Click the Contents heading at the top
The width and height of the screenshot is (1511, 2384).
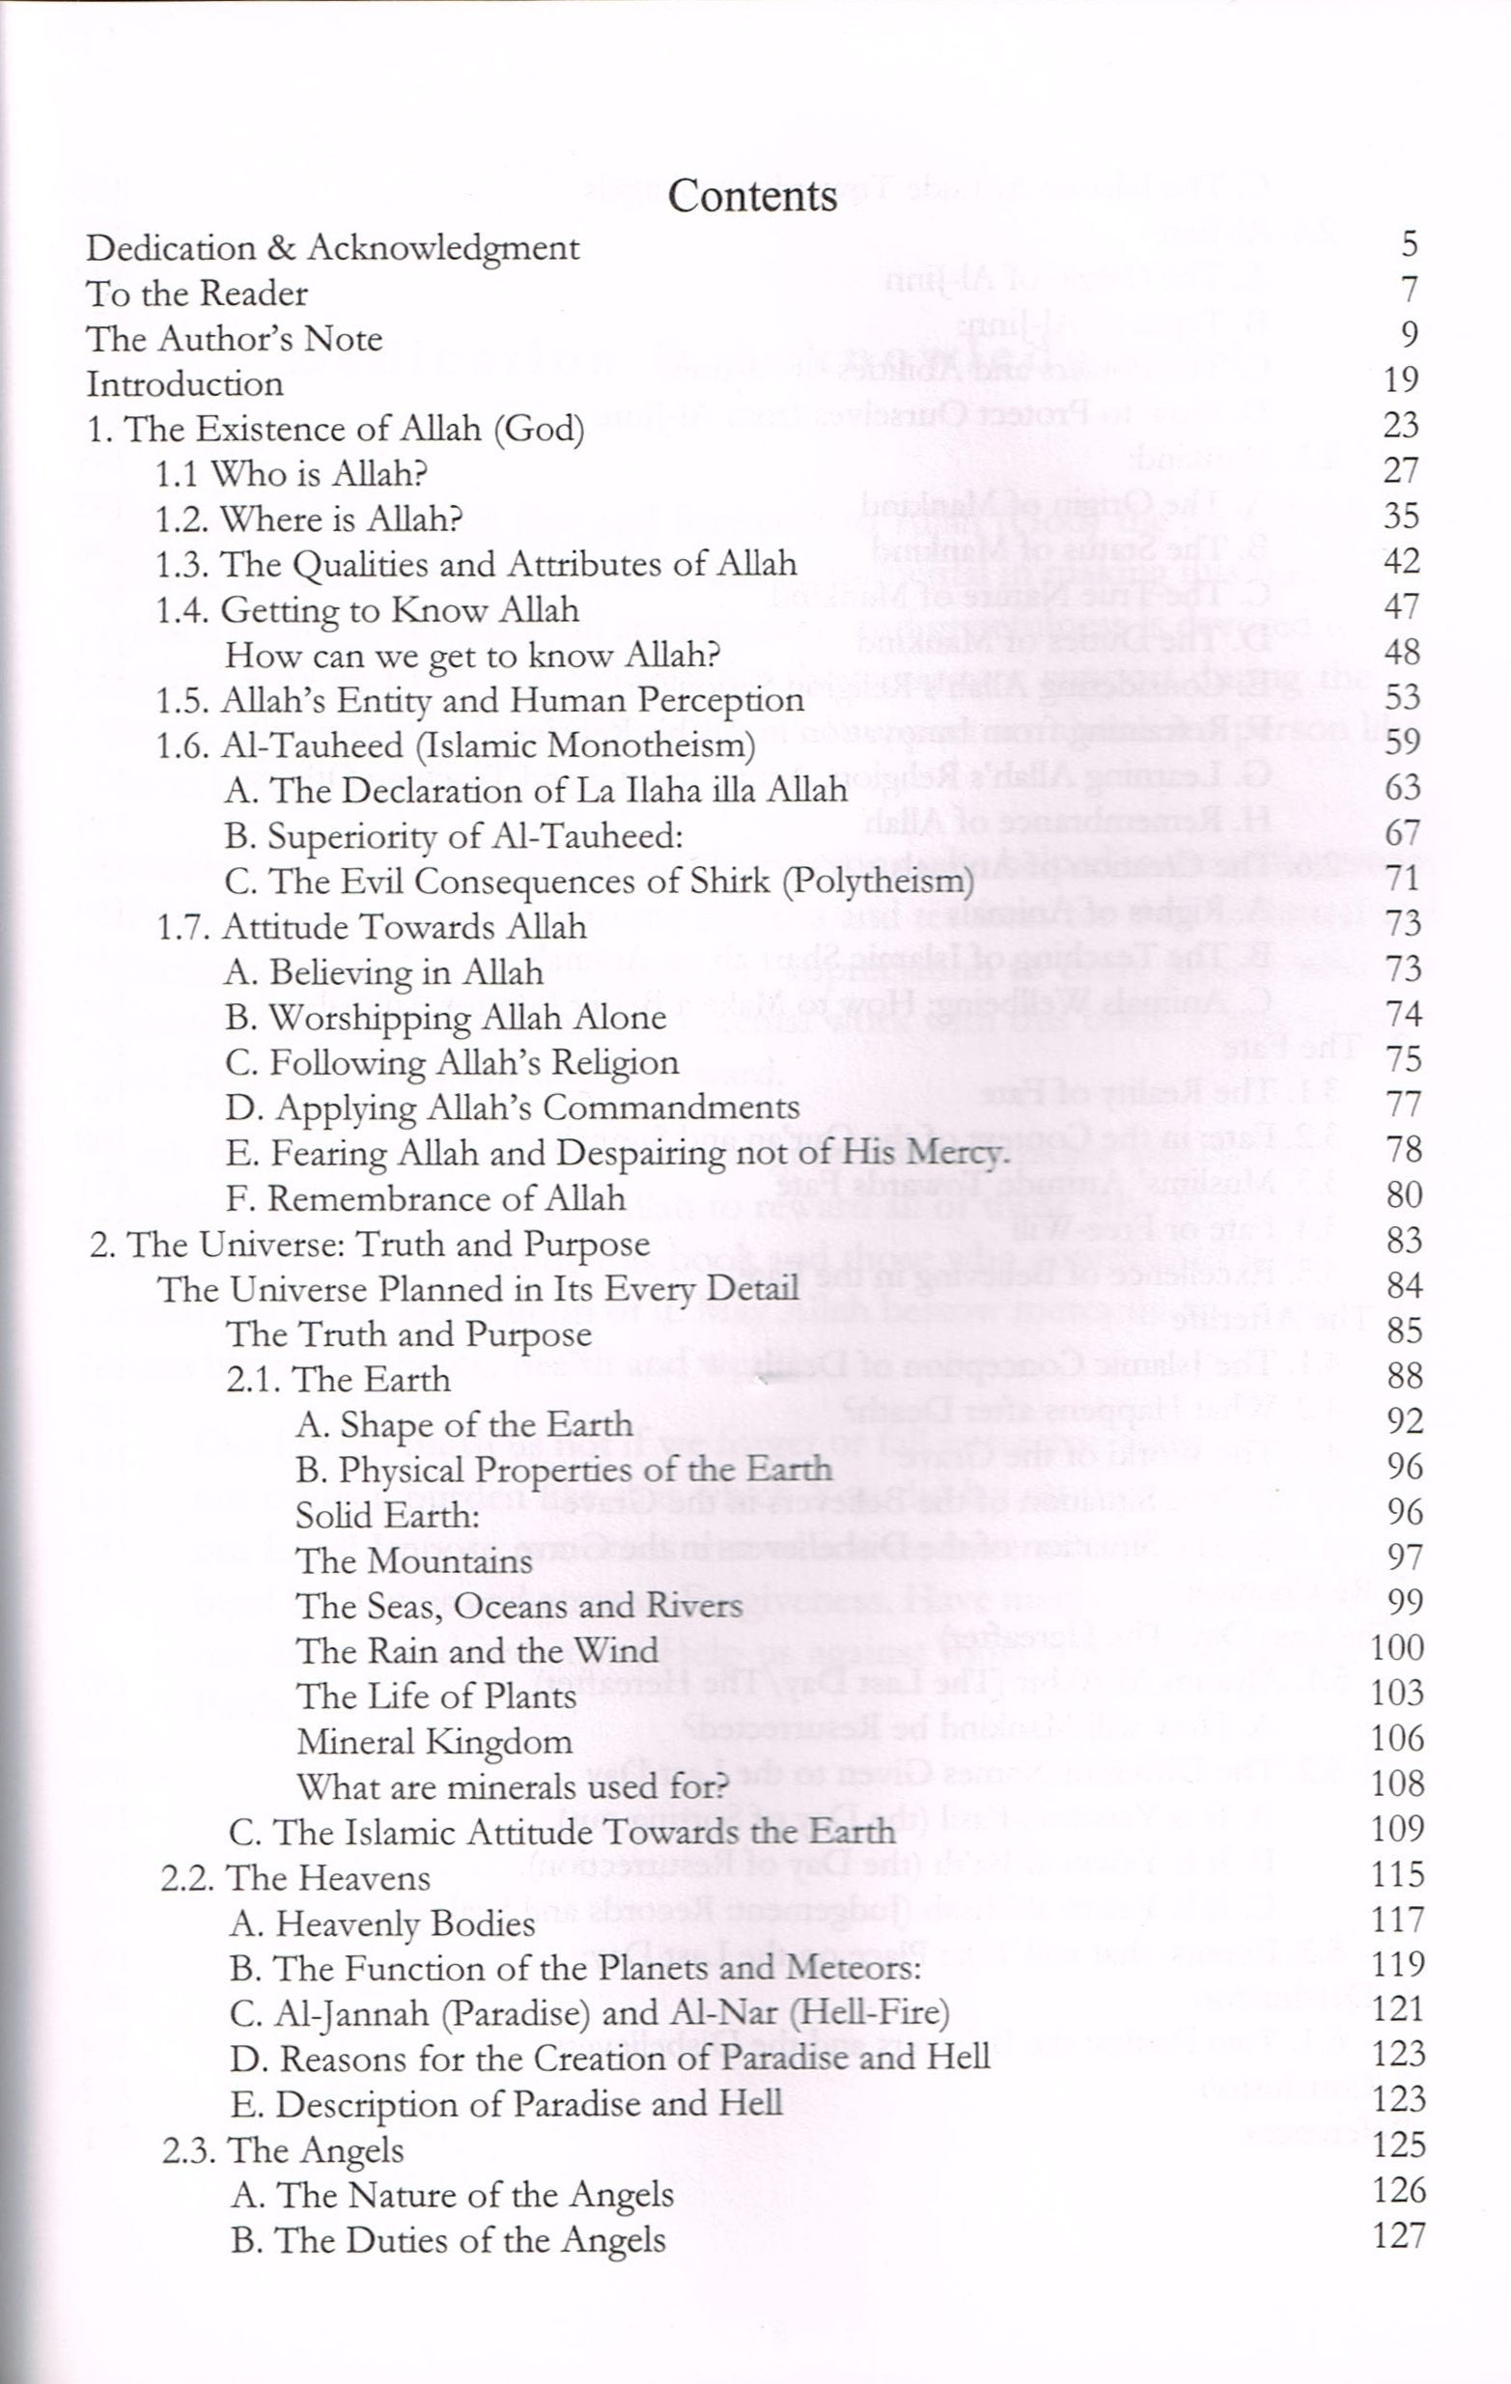coord(752,195)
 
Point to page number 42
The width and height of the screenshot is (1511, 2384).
coord(1401,561)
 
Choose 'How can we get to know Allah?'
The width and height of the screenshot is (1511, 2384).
coord(471,654)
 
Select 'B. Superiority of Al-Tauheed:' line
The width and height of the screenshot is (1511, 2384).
coord(455,836)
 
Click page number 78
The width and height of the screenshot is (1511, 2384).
coord(1403,1149)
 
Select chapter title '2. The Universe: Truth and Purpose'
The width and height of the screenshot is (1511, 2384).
coord(370,1244)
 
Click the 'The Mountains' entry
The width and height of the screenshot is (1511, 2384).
coord(414,1561)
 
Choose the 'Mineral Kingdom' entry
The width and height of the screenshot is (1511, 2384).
coord(434,1742)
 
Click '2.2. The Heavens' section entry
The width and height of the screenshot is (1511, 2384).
coord(295,1878)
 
